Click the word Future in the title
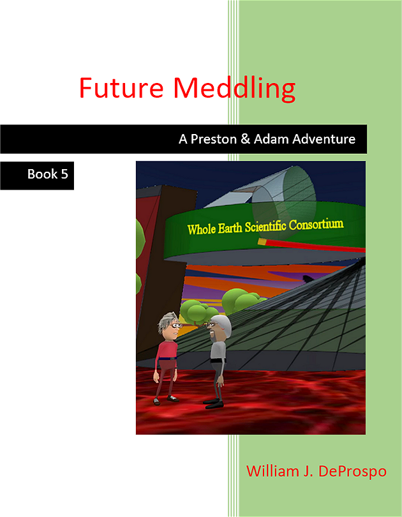[121, 87]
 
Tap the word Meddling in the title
[234, 89]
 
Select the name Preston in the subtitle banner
[214, 139]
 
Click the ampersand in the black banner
[246, 139]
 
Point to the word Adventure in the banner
[324, 139]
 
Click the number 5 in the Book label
[64, 174]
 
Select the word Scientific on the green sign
[265, 226]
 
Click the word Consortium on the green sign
[316, 224]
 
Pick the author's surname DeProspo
[352, 472]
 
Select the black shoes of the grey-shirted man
[214, 403]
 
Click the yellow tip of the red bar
[262, 242]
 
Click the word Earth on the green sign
[230, 227]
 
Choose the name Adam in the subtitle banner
[272, 139]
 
